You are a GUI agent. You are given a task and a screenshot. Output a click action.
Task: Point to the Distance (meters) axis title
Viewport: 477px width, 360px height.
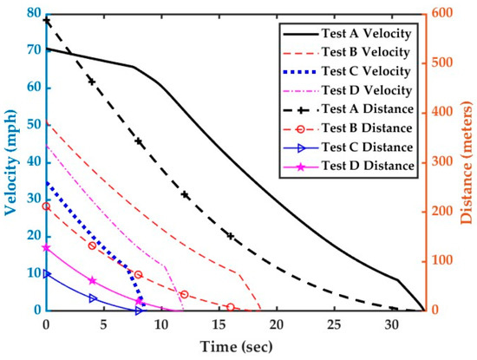pyautogui.click(x=465, y=161)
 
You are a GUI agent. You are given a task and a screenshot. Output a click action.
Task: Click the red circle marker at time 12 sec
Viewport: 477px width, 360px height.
pyautogui.click(x=184, y=295)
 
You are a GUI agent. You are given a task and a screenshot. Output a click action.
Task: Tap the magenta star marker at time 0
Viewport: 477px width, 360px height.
pyautogui.click(x=46, y=247)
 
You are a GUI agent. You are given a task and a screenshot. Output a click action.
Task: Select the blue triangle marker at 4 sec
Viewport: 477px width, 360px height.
pyautogui.click(x=92, y=298)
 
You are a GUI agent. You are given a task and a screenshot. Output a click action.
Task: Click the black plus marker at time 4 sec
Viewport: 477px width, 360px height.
pyautogui.click(x=92, y=81)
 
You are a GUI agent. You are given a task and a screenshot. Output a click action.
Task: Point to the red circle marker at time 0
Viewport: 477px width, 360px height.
pyautogui.click(x=46, y=206)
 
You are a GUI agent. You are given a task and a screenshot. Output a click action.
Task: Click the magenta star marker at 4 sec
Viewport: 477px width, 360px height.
pyautogui.click(x=92, y=281)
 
